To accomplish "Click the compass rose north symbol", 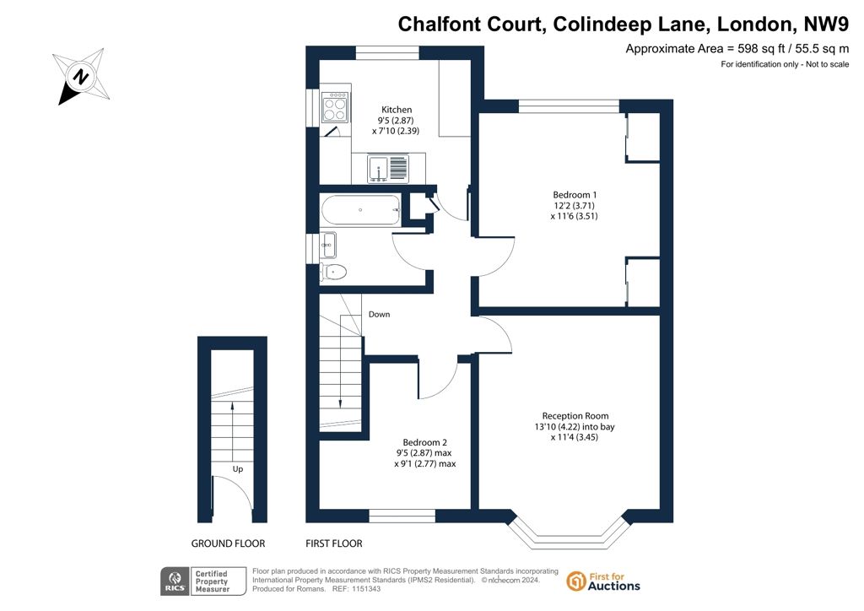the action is [x=82, y=76].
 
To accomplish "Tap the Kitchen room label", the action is [x=397, y=110].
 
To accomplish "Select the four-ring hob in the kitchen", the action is [x=335, y=107].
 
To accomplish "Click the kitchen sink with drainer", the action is [x=388, y=168].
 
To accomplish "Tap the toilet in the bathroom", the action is [x=333, y=272].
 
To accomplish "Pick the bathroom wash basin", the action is [x=328, y=246].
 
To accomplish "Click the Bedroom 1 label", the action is [x=575, y=194].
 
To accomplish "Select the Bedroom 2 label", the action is [x=425, y=442].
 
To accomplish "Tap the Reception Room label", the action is [x=575, y=416].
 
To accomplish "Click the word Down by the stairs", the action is [x=379, y=314].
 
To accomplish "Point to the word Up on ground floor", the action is [x=237, y=469].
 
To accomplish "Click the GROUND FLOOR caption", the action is [x=228, y=543].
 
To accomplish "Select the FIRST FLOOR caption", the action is [x=334, y=543].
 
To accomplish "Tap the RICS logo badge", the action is [x=203, y=581].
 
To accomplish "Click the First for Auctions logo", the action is [x=603, y=581].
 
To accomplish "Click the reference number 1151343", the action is [x=364, y=589].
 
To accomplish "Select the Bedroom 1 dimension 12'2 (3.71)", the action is [x=575, y=206].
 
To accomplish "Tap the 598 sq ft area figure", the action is [x=761, y=48].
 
